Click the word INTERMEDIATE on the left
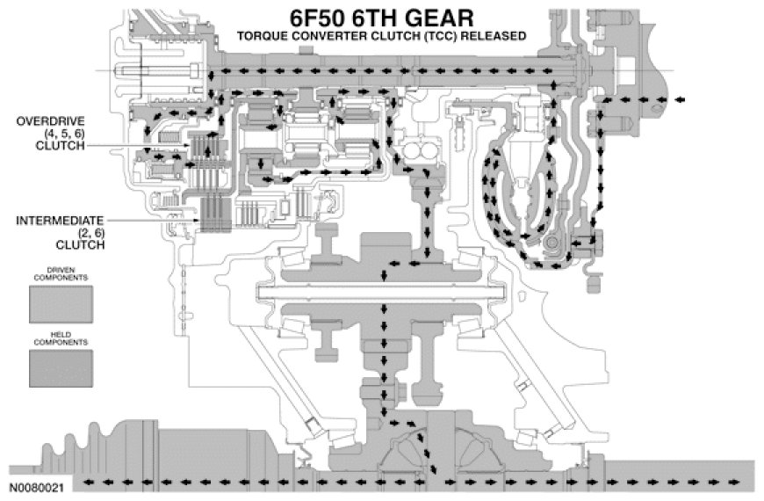click(60, 219)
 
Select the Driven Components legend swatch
click(61, 303)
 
